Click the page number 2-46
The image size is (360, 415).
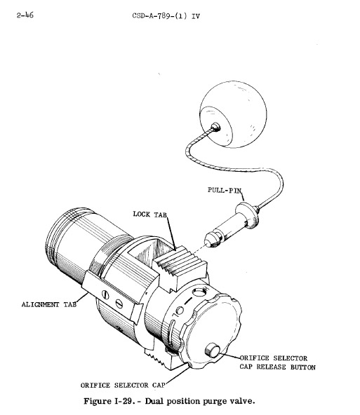click(25, 15)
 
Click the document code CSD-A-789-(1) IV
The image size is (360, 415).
click(166, 16)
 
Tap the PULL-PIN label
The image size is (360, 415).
click(225, 190)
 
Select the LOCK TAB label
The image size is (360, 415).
click(150, 214)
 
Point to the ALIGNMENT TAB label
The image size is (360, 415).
click(49, 304)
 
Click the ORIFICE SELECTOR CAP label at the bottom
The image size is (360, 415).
click(123, 385)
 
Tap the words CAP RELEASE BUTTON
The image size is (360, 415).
click(278, 367)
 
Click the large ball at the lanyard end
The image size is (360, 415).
click(233, 114)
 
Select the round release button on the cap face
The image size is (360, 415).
click(212, 350)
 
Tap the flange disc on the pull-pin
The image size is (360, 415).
click(247, 215)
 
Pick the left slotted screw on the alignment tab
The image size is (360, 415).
click(105, 294)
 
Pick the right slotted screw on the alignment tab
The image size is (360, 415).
click(119, 304)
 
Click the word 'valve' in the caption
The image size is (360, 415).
click(241, 401)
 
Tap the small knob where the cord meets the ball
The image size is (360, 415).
click(216, 127)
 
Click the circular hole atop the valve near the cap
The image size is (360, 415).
click(198, 292)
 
